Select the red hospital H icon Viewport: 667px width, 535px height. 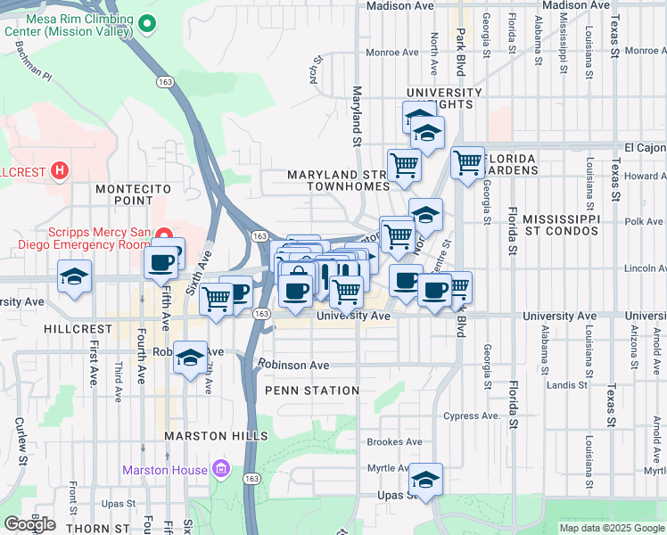(60, 169)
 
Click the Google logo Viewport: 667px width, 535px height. (29, 524)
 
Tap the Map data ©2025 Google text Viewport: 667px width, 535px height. (612, 528)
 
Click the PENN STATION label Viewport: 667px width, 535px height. (311, 391)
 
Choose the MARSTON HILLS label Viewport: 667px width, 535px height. (216, 435)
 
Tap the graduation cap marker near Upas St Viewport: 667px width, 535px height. (426, 480)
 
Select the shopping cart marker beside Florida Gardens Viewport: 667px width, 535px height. (467, 162)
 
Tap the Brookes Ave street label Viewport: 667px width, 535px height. (394, 441)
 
